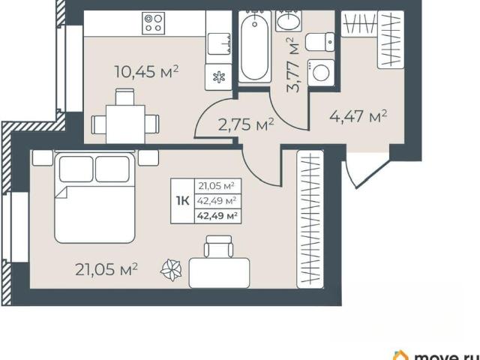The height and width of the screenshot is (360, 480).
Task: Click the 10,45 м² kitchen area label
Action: pos(146,72)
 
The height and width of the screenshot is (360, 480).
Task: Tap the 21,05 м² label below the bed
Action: pos(106,269)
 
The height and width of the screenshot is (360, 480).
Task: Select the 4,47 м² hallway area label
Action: pos(358,116)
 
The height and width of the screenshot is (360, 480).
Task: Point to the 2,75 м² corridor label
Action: pos(246,124)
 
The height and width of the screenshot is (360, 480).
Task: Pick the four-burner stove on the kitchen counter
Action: pos(153,23)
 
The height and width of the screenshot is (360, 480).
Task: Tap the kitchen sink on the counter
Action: pos(218,43)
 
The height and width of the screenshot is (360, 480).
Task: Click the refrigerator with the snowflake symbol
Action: pos(218,76)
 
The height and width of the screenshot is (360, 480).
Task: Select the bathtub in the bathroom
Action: pos(254,46)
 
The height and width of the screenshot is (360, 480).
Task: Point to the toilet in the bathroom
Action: pos(320,42)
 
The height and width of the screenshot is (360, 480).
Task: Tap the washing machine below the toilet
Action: pos(321,73)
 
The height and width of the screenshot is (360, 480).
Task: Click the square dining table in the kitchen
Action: pos(125,124)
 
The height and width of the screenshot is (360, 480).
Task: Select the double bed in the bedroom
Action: pos(95,196)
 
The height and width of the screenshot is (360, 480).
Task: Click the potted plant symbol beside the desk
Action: pos(172,270)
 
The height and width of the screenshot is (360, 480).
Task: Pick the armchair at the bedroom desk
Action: pos(218,246)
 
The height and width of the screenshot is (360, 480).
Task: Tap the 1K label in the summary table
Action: pos(182,201)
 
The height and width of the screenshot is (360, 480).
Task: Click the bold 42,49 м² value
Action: pos(217,216)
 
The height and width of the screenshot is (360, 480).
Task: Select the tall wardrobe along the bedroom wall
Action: pos(310,219)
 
